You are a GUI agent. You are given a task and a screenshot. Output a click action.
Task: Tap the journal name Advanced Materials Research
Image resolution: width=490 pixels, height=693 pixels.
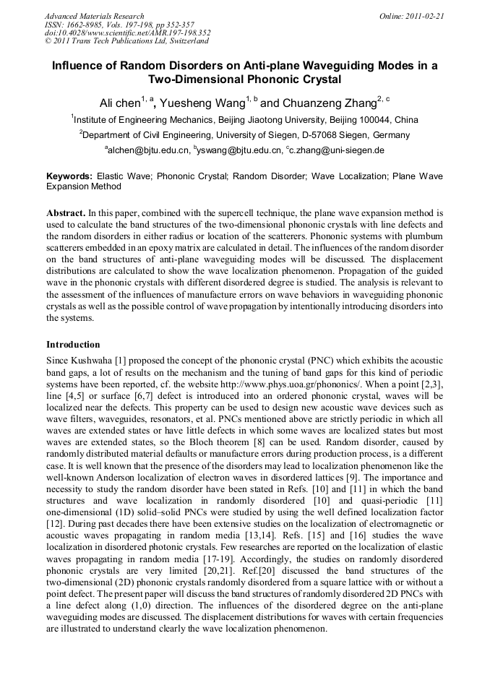94,16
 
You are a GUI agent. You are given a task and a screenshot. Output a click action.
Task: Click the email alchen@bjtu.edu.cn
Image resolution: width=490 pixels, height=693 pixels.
149,150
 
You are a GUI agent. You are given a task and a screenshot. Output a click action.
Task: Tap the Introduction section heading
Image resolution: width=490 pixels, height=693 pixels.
73,345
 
